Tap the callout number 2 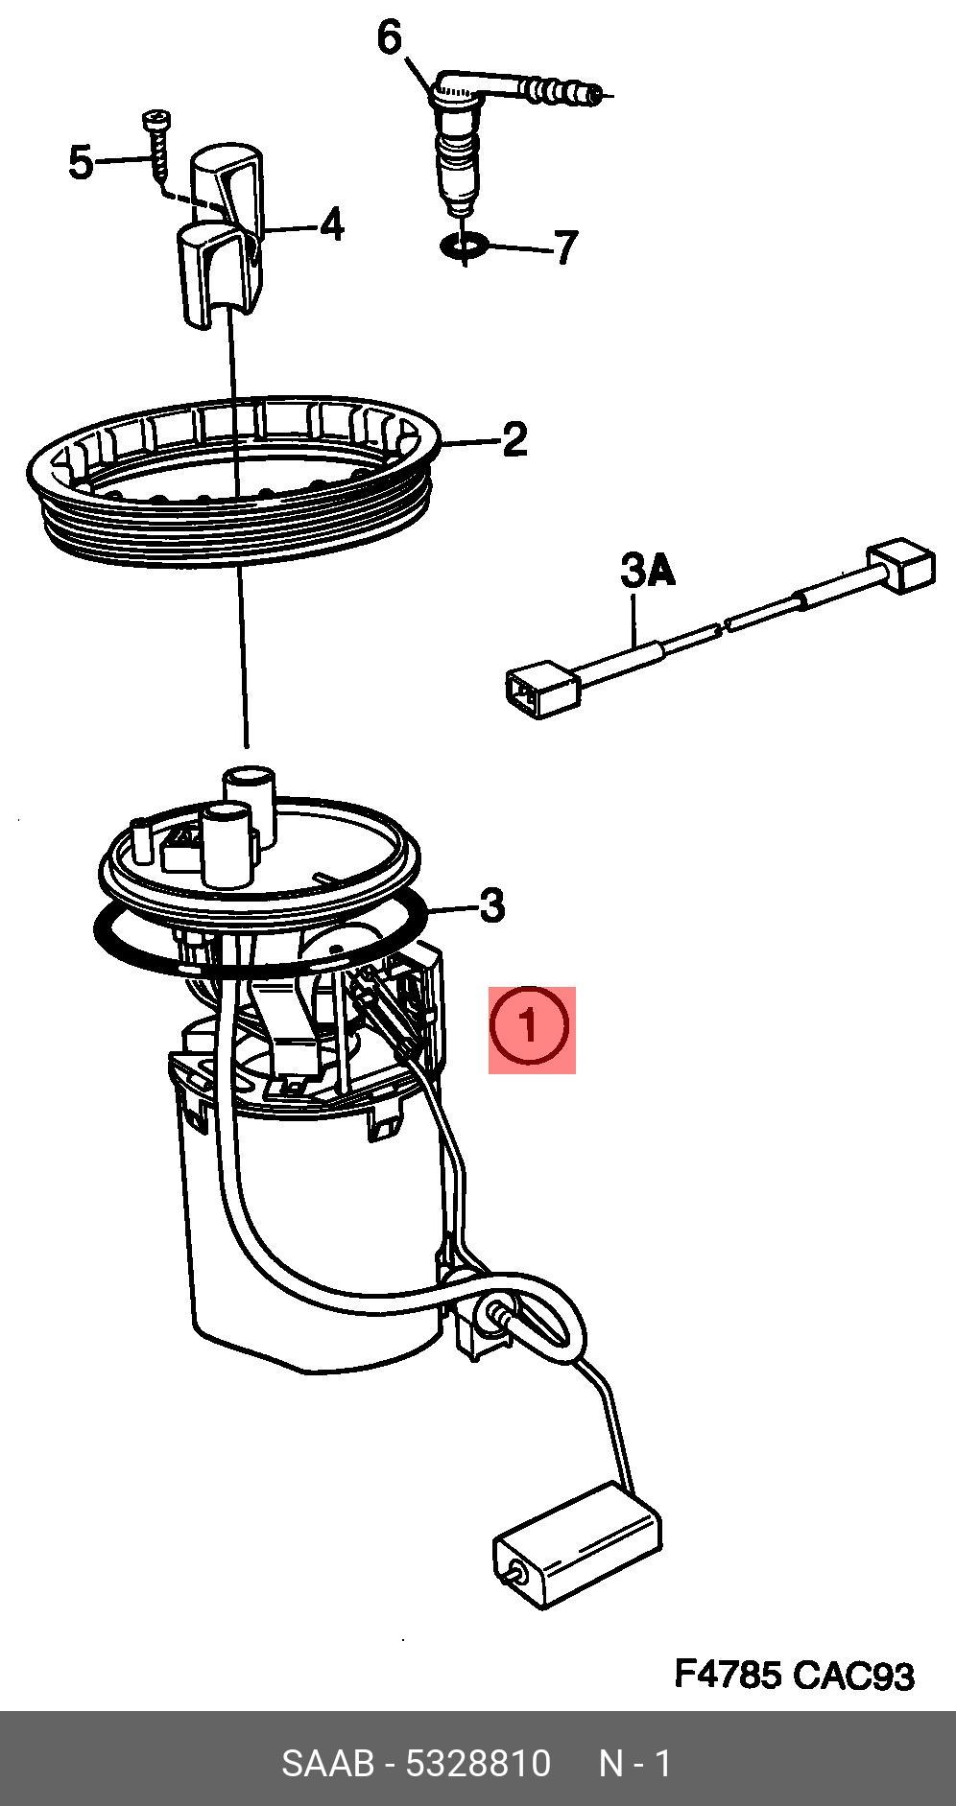(x=514, y=440)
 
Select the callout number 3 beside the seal (x=490, y=904)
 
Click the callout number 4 (x=331, y=224)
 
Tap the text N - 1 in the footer (x=635, y=1763)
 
